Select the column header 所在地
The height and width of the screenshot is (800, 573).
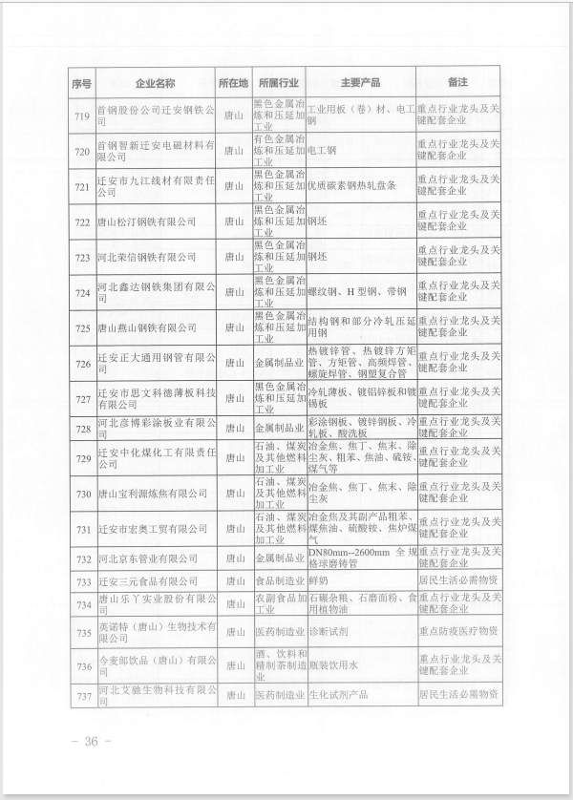232,84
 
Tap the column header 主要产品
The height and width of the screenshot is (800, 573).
362,84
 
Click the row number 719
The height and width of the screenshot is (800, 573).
81,115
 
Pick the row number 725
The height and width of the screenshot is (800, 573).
81,326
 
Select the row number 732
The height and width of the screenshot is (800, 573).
81,558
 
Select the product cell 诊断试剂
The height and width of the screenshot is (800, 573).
328,635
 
